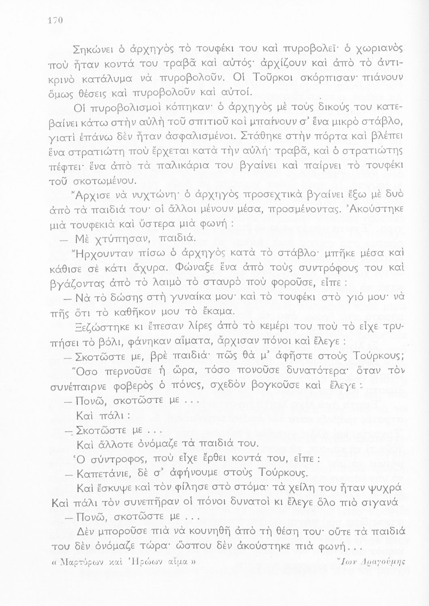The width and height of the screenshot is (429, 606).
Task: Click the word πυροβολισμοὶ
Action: click(130, 108)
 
